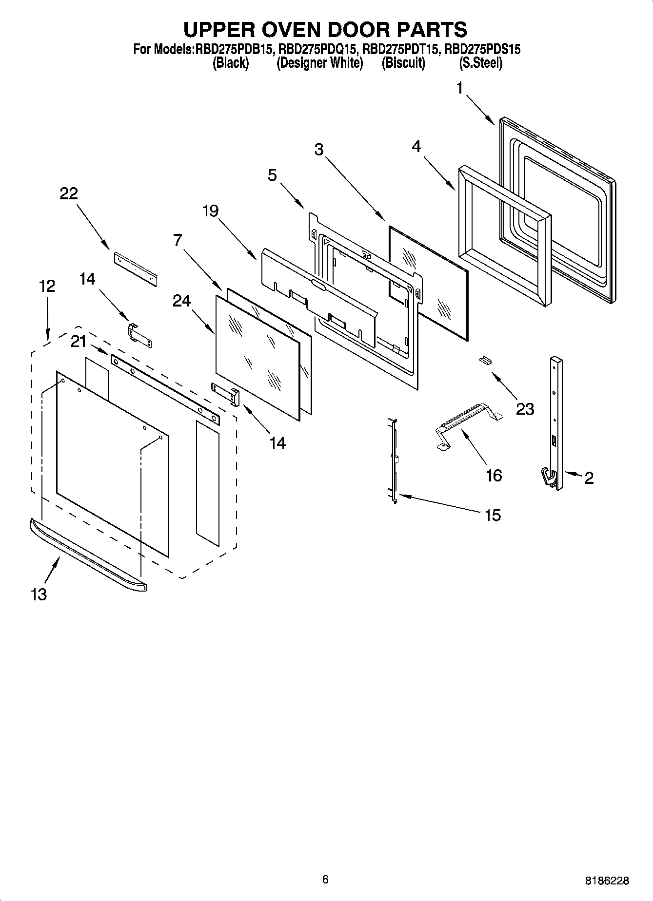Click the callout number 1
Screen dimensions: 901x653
click(459, 88)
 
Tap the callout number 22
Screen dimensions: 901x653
click(69, 193)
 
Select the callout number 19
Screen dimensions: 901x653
click(210, 211)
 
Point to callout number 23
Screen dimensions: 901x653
click(525, 409)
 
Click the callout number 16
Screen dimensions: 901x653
click(494, 475)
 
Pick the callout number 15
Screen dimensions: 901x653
click(493, 515)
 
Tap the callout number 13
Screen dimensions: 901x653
click(39, 594)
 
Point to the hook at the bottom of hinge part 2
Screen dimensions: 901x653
click(548, 477)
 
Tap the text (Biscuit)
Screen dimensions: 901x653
click(403, 63)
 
